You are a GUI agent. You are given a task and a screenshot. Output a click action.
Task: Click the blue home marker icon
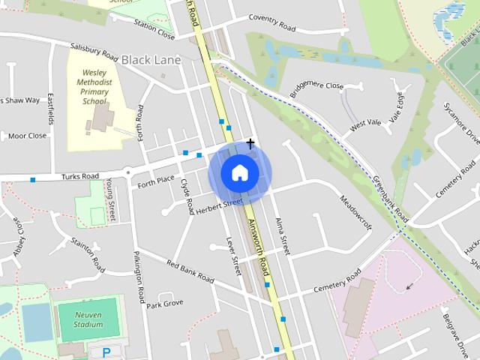[x=239, y=173]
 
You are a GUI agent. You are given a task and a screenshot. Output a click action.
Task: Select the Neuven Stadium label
[x=88, y=319]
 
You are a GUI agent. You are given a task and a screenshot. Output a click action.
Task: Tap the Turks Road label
[x=81, y=176]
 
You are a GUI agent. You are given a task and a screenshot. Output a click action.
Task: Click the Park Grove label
[x=165, y=304]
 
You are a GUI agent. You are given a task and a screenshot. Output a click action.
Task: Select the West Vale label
[x=365, y=122]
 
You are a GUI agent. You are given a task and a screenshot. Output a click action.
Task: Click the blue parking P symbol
[x=106, y=352]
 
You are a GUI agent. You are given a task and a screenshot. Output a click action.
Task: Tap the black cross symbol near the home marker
[x=250, y=142]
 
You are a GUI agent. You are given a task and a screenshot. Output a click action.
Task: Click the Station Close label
[x=154, y=28]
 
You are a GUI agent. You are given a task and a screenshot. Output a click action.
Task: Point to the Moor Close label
[x=27, y=136]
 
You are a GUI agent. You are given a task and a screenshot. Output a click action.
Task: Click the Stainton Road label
[x=88, y=253]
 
